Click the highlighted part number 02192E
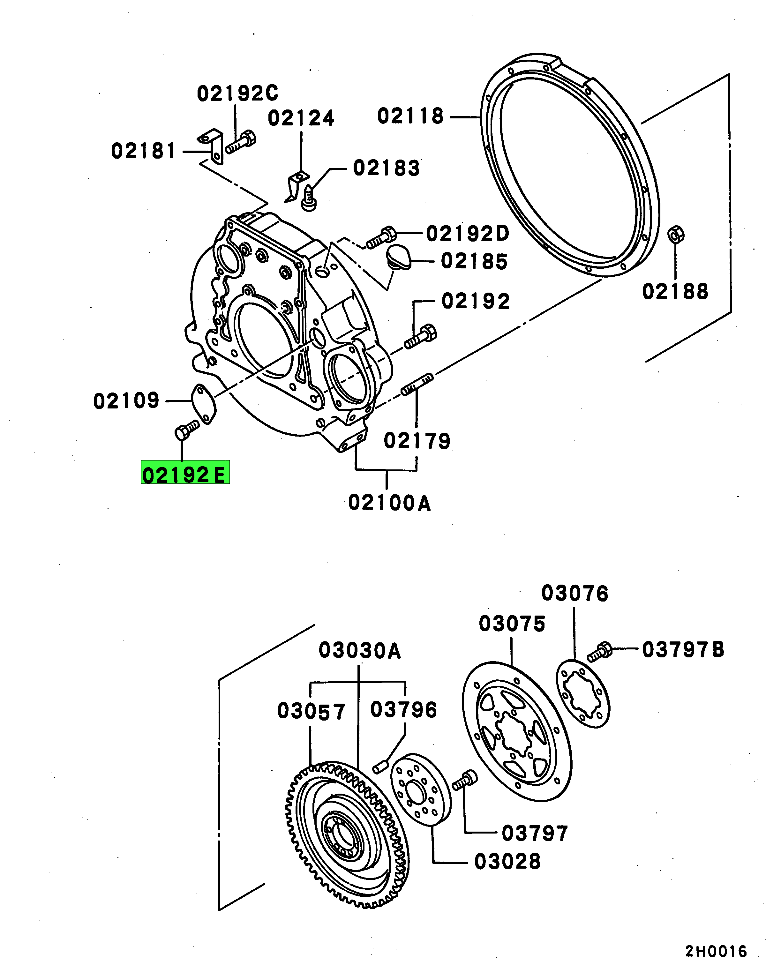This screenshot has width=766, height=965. coord(185,474)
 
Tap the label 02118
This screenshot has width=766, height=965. coord(410,116)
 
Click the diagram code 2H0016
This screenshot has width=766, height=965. coord(715,950)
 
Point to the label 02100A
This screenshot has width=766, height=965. coord(389,503)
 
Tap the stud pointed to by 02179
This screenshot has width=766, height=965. coord(417,384)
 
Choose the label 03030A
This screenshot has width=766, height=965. coord(359,650)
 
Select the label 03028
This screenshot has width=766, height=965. coord(507,862)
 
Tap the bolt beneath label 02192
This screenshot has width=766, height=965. coord(420,337)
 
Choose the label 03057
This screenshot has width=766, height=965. coord(311,712)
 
